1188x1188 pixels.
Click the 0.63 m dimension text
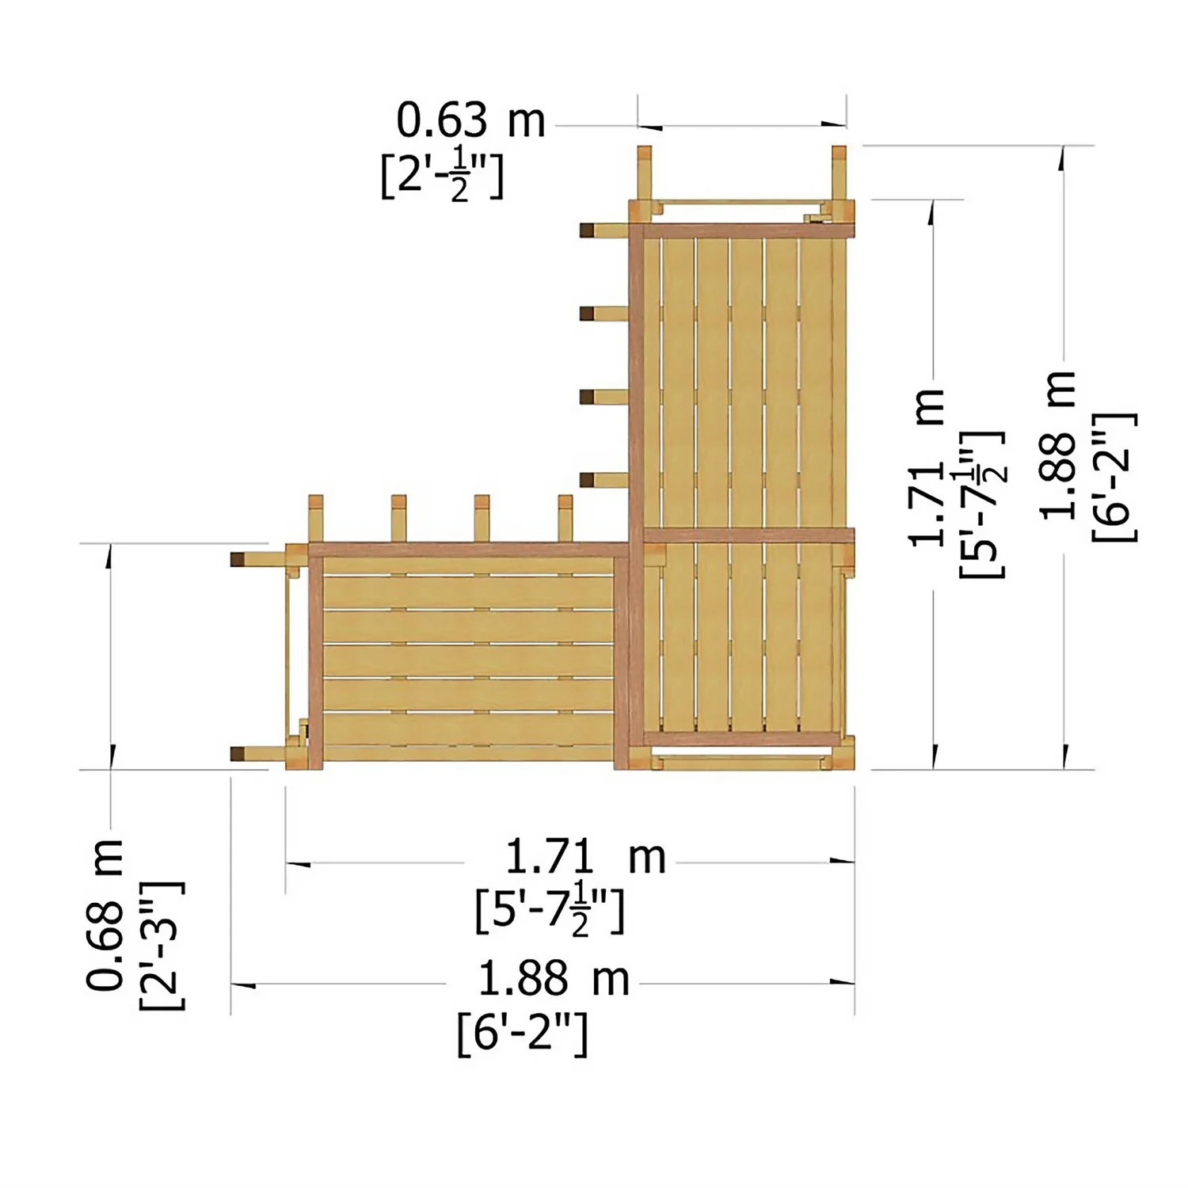[470, 121]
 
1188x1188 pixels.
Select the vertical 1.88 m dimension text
[1059, 445]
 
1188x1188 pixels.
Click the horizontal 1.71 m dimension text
[585, 857]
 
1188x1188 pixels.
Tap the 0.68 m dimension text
[105, 915]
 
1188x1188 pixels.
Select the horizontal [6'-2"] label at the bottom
[522, 1033]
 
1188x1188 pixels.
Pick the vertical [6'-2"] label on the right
[1114, 477]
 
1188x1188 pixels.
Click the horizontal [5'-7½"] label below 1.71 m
[550, 911]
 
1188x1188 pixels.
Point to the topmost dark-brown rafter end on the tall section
[588, 230]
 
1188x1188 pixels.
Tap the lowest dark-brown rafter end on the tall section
[588, 479]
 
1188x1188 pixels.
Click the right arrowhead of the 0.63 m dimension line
[835, 124]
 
